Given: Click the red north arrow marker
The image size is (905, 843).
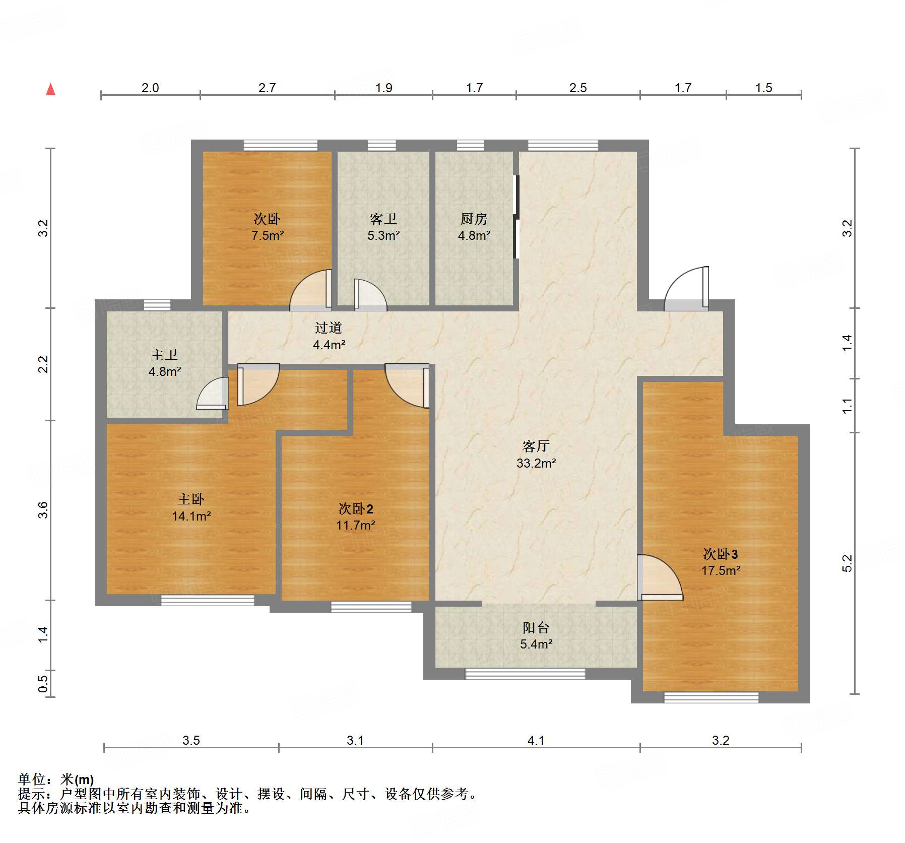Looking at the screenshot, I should pyautogui.click(x=51, y=90).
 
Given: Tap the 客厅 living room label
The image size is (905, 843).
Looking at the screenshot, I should pyautogui.click(x=536, y=446).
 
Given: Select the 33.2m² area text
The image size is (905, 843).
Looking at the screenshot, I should pyautogui.click(x=536, y=463).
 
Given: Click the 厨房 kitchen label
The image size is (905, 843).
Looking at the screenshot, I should pyautogui.click(x=474, y=219).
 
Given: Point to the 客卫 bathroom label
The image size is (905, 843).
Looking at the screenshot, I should pyautogui.click(x=383, y=219).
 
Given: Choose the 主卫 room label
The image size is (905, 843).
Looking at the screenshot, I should pyautogui.click(x=164, y=355).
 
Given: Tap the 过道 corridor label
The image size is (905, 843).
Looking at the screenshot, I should pyautogui.click(x=329, y=328).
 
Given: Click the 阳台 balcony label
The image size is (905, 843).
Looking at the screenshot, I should pyautogui.click(x=536, y=627).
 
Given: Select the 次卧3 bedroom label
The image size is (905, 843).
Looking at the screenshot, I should pyautogui.click(x=721, y=554).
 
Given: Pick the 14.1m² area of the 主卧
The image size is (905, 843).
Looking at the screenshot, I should pyautogui.click(x=191, y=516).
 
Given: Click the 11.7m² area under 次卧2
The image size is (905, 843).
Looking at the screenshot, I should pyautogui.click(x=355, y=525).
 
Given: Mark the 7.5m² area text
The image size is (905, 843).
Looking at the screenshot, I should pyautogui.click(x=268, y=235).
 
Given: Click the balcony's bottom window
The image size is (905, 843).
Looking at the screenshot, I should pyautogui.click(x=525, y=674).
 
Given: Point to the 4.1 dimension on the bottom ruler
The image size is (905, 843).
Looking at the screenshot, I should pyautogui.click(x=536, y=740).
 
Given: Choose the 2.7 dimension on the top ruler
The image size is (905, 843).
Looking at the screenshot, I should pyautogui.click(x=267, y=88).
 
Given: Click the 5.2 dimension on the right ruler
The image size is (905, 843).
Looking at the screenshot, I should pyautogui.click(x=847, y=563).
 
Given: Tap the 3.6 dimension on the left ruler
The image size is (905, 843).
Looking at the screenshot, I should pyautogui.click(x=43, y=510).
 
